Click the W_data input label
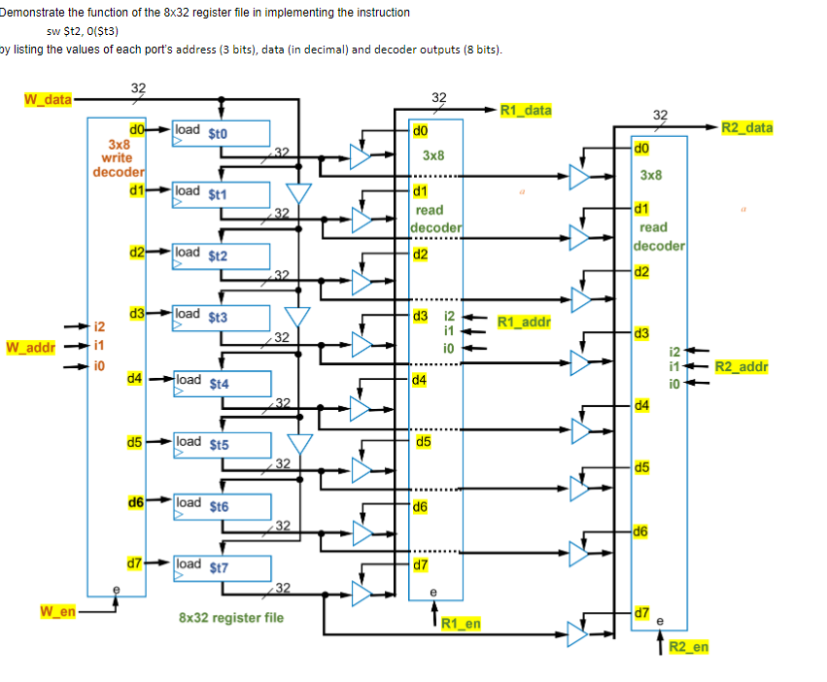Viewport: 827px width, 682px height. [46, 99]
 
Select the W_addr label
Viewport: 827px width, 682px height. [30, 347]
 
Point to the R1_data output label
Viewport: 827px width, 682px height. [526, 110]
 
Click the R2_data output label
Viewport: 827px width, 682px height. [746, 127]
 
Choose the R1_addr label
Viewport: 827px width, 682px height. [524, 322]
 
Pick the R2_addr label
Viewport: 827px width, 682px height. [741, 366]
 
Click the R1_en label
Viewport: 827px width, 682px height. [461, 623]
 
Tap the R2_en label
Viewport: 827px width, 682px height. [689, 647]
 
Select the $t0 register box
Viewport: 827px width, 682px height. [221, 133]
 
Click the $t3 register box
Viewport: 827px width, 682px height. [221, 317]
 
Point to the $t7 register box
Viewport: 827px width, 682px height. [221, 567]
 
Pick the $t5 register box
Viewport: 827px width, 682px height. [221, 444]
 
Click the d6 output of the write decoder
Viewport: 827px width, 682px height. [136, 503]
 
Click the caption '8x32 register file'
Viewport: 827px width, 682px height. [231, 617]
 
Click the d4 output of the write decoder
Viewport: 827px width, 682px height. [136, 378]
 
